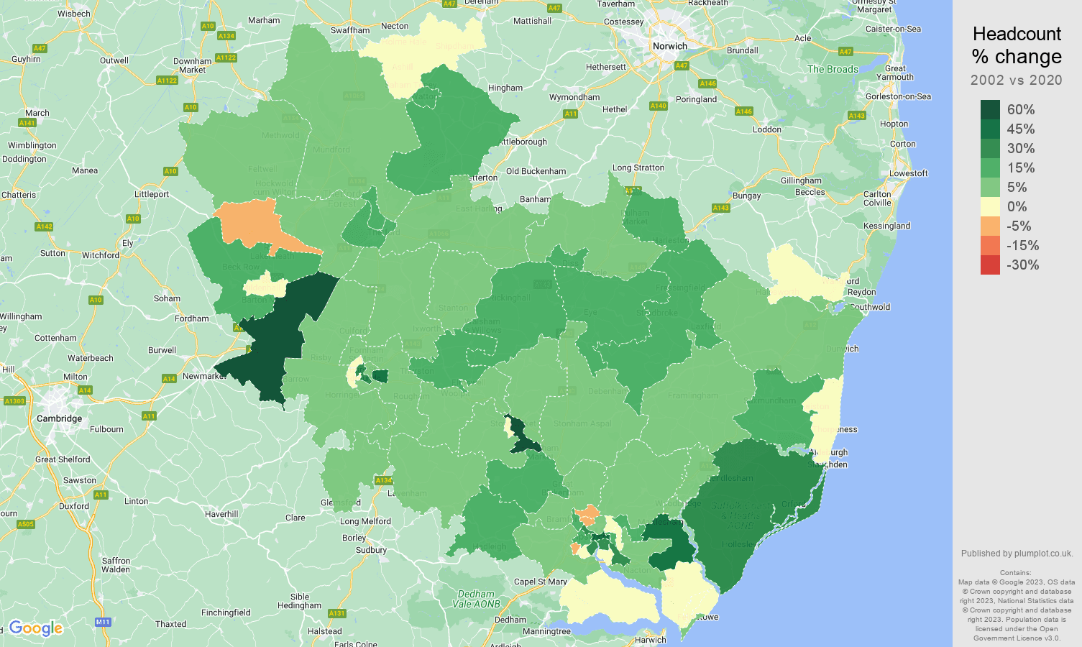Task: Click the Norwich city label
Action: [669, 46]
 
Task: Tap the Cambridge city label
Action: [59, 418]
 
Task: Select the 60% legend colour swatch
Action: [990, 109]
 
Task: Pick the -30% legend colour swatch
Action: [990, 265]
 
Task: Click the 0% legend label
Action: [1017, 206]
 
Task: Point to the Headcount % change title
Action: [1017, 45]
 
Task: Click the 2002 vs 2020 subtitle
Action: [1016, 80]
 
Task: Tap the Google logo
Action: [36, 628]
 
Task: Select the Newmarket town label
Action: [204, 376]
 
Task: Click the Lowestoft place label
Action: [908, 173]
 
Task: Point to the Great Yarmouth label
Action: [895, 73]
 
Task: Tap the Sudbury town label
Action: [371, 550]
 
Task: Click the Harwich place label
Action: [650, 640]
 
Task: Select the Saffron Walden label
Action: [116, 565]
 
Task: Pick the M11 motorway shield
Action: [103, 622]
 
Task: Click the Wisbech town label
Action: [73, 14]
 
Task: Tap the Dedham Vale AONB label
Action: [476, 599]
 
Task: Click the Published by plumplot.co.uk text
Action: [1017, 554]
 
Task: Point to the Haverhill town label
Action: [221, 514]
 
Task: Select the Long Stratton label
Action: [638, 168]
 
